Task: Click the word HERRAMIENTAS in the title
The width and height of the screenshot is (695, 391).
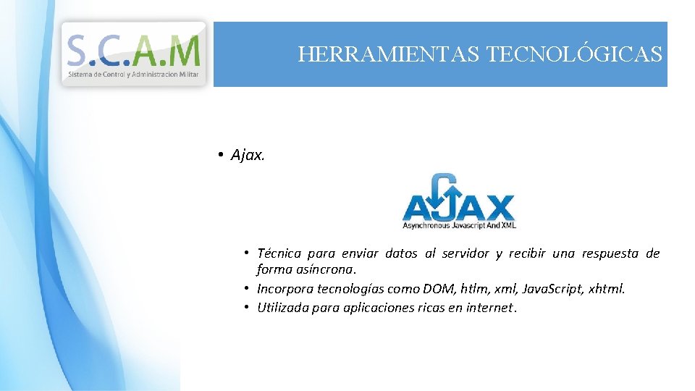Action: [388, 54]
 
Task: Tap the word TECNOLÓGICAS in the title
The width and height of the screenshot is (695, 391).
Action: [575, 54]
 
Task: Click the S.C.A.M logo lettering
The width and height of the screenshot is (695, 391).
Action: [133, 50]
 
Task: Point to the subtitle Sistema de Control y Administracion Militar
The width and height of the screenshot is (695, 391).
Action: [134, 74]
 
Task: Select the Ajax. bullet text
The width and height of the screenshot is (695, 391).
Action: [248, 155]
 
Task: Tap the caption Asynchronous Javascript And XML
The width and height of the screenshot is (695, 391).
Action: [458, 226]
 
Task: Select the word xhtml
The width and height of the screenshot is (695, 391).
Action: [607, 289]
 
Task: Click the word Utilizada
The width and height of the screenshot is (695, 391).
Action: [283, 307]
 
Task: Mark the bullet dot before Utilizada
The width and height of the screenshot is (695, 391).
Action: [247, 307]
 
